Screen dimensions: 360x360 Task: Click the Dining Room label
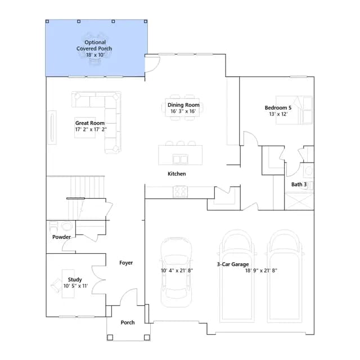pyautogui.click(x=183, y=105)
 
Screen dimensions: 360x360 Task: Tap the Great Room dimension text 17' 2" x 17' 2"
pyautogui.click(x=91, y=129)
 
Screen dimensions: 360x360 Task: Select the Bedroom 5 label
pyautogui.click(x=278, y=107)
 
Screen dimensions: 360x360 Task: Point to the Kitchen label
pyautogui.click(x=177, y=174)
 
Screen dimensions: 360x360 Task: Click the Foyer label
pyautogui.click(x=126, y=263)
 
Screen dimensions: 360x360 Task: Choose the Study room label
pyautogui.click(x=75, y=280)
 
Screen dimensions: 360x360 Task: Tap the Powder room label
pyautogui.click(x=61, y=237)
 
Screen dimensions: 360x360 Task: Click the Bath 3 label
pyautogui.click(x=299, y=184)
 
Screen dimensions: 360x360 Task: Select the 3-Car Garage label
pyautogui.click(x=233, y=264)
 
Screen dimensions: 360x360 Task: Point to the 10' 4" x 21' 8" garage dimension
pyautogui.click(x=177, y=271)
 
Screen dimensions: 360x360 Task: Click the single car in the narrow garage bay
pyautogui.click(x=176, y=272)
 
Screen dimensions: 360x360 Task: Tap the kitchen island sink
pyautogui.click(x=180, y=159)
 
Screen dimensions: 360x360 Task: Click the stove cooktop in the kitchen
pyautogui.click(x=180, y=191)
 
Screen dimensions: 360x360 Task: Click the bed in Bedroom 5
pyautogui.click(x=294, y=110)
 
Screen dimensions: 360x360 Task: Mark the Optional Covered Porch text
pyautogui.click(x=94, y=48)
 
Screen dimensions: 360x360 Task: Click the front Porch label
pyautogui.click(x=128, y=322)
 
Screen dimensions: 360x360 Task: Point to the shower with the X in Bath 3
pyautogui.click(x=299, y=201)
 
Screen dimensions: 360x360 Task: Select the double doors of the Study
pyautogui.click(x=98, y=280)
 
